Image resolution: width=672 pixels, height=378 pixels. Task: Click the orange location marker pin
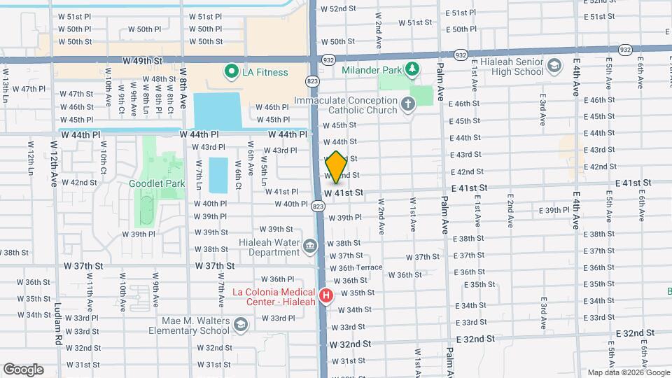pos(336,167)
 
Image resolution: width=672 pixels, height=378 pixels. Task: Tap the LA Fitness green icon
pos(230,71)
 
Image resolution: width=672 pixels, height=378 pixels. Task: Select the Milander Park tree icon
pos(413,69)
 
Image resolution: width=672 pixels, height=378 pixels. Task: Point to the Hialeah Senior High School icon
pos(554,66)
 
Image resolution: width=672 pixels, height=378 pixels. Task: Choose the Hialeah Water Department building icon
pos(309,246)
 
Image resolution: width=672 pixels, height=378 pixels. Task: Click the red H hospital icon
pos(325,296)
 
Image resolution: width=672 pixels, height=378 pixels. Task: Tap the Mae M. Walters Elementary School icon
pos(240,324)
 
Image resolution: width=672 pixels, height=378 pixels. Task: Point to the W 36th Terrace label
pos(356,267)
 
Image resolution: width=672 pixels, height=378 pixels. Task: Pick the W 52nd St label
pos(343,9)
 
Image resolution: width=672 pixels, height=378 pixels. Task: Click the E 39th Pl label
pos(557,210)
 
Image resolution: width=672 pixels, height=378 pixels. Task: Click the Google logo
pos(23,370)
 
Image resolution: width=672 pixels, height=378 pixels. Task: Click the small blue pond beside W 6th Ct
pos(218,175)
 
